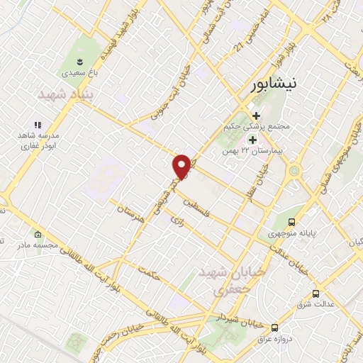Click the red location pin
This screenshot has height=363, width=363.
[x=182, y=166]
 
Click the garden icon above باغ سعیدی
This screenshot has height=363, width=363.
[x=79, y=57]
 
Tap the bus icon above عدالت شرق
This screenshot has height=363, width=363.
[x=315, y=294]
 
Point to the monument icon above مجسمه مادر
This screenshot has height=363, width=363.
[x=38, y=235]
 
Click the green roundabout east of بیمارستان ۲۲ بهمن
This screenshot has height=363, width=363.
[x=294, y=171]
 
